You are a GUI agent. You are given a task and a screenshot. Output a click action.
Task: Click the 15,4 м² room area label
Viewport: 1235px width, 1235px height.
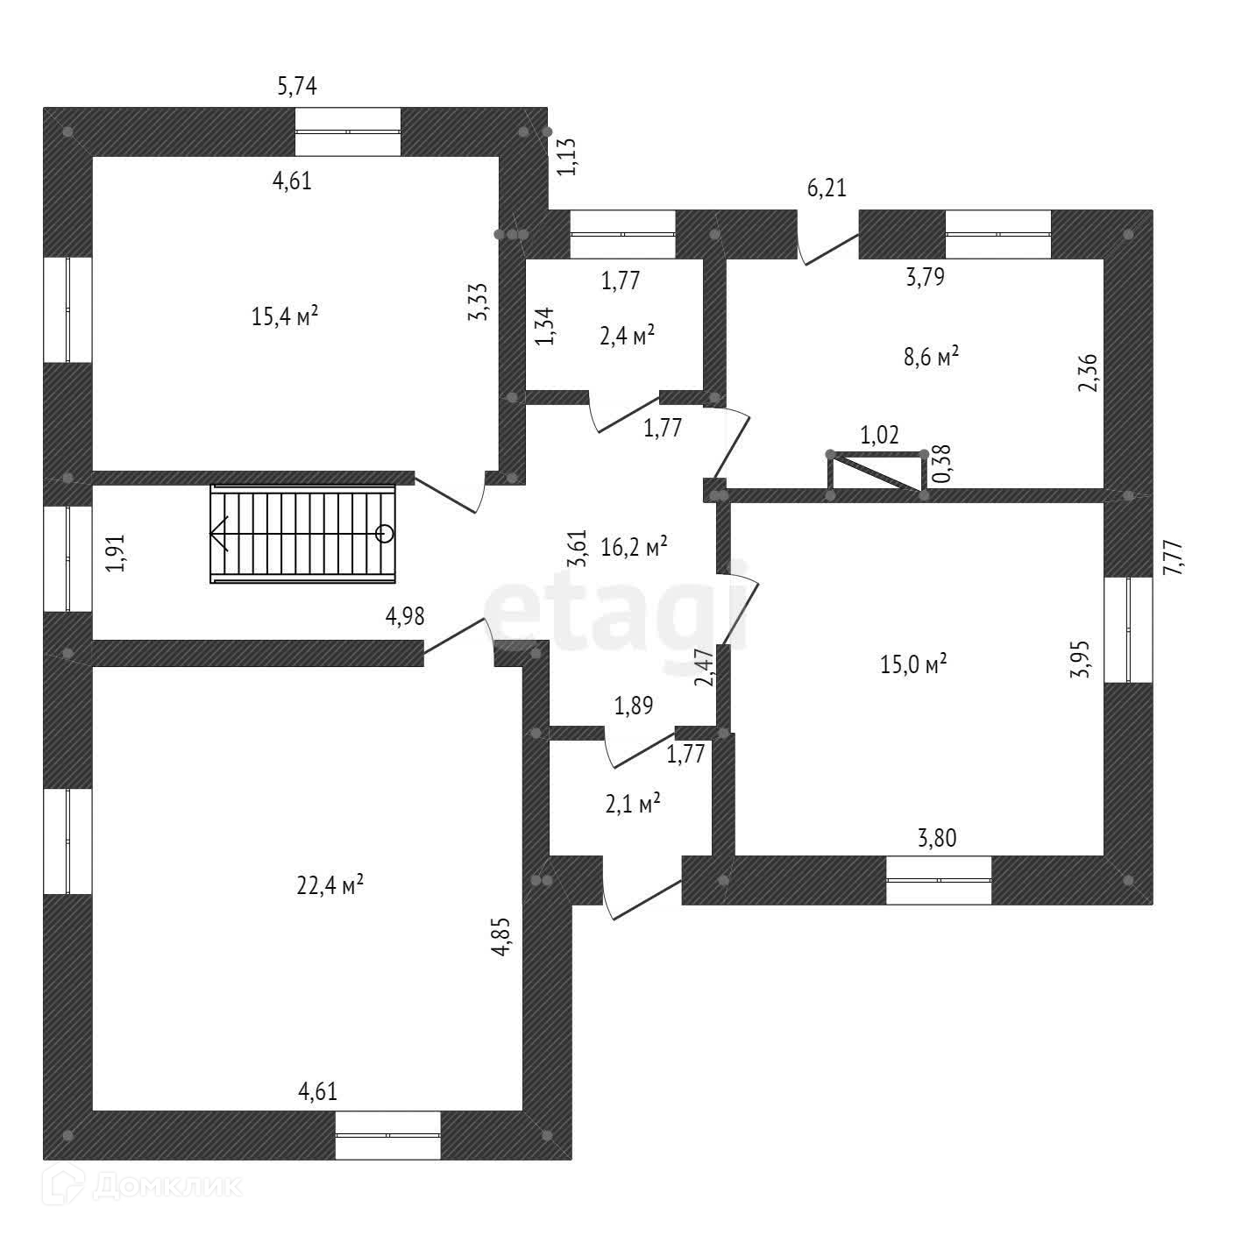(x=284, y=316)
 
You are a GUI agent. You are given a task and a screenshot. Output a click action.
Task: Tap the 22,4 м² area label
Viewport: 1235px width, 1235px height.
(x=330, y=886)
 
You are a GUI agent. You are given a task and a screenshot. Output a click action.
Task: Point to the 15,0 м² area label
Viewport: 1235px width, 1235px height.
(x=913, y=664)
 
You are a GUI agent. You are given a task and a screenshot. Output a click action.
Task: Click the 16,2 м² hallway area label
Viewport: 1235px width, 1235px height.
(x=635, y=548)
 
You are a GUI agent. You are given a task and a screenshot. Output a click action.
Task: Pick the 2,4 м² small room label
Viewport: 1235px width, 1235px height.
(x=628, y=336)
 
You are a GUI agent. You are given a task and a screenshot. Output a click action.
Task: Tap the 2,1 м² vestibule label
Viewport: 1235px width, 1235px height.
(x=632, y=804)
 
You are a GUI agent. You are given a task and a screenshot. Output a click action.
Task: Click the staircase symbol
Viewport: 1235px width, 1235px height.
(x=302, y=534)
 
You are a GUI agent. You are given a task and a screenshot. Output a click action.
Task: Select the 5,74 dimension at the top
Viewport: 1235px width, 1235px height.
(x=296, y=86)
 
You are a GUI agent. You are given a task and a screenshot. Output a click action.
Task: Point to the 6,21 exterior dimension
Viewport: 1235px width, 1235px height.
(x=827, y=188)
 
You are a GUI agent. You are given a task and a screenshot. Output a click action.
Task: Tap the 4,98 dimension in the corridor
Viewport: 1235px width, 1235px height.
(x=405, y=617)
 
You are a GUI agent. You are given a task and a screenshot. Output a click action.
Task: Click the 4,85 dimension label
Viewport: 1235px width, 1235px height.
(x=500, y=938)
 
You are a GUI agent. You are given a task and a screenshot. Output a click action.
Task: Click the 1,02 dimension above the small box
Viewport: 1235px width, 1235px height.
(x=879, y=436)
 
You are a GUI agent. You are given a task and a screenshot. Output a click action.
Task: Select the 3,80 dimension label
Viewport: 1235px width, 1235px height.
(x=937, y=839)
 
